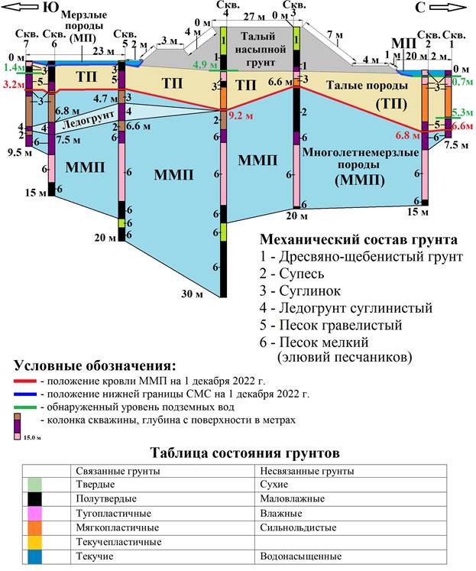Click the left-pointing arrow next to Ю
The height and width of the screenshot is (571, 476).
tap(18, 8)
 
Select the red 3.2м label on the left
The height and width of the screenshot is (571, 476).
tap(12, 85)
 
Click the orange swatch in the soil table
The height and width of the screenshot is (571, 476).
tap(34, 527)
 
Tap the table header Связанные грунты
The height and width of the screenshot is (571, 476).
tap(114, 470)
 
